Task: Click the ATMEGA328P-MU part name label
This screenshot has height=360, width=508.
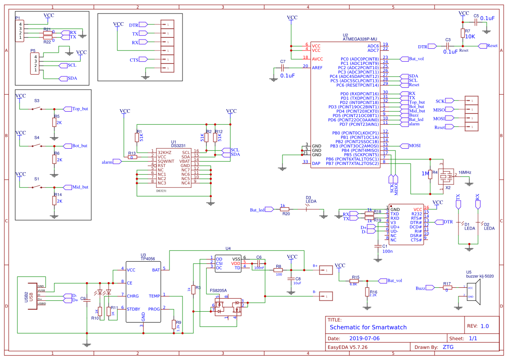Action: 360,39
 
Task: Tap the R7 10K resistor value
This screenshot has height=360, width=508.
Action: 470,37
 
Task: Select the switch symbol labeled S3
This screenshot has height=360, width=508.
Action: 37,108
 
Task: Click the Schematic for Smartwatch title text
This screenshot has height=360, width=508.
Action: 368,327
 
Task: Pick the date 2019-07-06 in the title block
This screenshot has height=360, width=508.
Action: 364,338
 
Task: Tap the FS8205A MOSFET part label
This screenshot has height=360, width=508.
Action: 218,290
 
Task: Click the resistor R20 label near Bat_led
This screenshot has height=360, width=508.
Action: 286,214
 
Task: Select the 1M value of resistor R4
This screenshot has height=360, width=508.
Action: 425,173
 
